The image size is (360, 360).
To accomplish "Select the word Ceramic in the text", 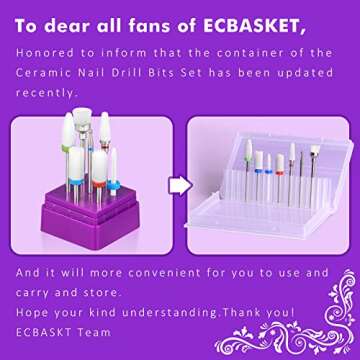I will point(43,72).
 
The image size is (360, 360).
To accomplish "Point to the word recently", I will point(44,92).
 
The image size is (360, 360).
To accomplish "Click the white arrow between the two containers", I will point(176,186).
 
